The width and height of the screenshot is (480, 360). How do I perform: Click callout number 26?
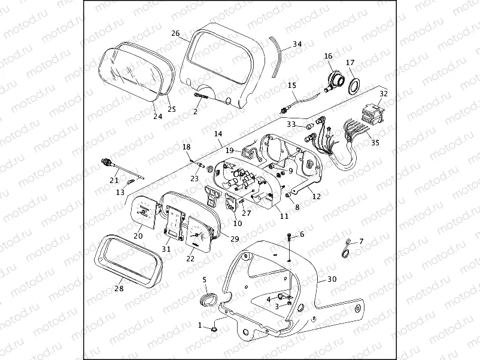click(x=175, y=33)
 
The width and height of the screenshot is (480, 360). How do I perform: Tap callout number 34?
click(x=297, y=44)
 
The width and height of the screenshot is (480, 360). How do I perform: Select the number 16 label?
click(x=328, y=56)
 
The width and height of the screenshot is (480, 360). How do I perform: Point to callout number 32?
click(x=384, y=93)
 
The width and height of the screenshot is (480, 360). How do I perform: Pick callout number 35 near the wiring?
click(x=375, y=143)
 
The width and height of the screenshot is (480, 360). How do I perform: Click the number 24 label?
click(x=157, y=116)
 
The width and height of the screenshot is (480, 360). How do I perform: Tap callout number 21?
click(x=114, y=179)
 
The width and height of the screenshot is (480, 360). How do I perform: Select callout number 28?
click(x=119, y=289)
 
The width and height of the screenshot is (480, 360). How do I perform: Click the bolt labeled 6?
click(x=290, y=239)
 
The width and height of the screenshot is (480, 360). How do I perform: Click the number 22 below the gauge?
click(x=190, y=259)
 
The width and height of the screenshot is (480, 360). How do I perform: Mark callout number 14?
click(x=218, y=134)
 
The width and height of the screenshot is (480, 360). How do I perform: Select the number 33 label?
click(x=291, y=124)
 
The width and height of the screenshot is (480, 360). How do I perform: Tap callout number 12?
click(x=317, y=196)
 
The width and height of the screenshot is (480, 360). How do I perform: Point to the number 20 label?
click(x=138, y=236)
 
